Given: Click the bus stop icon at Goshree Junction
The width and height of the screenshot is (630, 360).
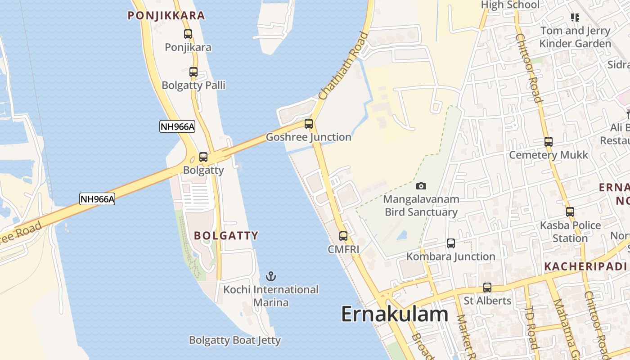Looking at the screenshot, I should tap(309, 123).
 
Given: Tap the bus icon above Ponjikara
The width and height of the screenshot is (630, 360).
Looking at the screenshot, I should tap(188, 34).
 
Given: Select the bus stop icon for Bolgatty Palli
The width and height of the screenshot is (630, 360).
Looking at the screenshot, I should tap(193, 72).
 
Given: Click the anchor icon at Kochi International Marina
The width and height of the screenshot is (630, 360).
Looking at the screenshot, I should tap(271, 276).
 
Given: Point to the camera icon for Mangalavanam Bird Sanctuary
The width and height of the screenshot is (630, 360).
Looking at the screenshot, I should tap(421, 186).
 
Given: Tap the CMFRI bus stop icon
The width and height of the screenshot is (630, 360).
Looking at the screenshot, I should tap(343, 236).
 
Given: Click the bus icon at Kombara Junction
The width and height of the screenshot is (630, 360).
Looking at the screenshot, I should tap(451, 243).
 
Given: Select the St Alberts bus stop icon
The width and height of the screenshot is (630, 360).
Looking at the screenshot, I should tap(487, 287).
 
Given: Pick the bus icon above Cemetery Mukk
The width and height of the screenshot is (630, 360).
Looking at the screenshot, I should tap(549, 142).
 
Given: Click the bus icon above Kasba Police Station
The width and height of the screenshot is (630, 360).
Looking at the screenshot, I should tap(570, 211).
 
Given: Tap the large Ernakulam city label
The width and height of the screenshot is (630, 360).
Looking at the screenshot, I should tap(395, 314).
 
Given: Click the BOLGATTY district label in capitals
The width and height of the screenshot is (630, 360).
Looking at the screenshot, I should tap(226, 235).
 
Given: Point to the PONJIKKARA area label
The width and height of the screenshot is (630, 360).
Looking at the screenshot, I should tap(166, 16).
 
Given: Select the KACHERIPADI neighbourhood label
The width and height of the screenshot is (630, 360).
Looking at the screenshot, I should tap(585, 266).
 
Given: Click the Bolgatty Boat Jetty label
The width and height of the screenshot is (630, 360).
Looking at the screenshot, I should tap(235, 340).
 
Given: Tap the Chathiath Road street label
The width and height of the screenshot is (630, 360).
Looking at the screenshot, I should tap(343, 66).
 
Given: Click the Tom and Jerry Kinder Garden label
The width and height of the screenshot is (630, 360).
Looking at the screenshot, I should tap(575, 37).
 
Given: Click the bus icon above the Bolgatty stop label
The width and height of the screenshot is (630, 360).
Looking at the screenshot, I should tap(203, 157).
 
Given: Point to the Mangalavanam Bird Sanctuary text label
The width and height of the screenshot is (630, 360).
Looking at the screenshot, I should tap(421, 206).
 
